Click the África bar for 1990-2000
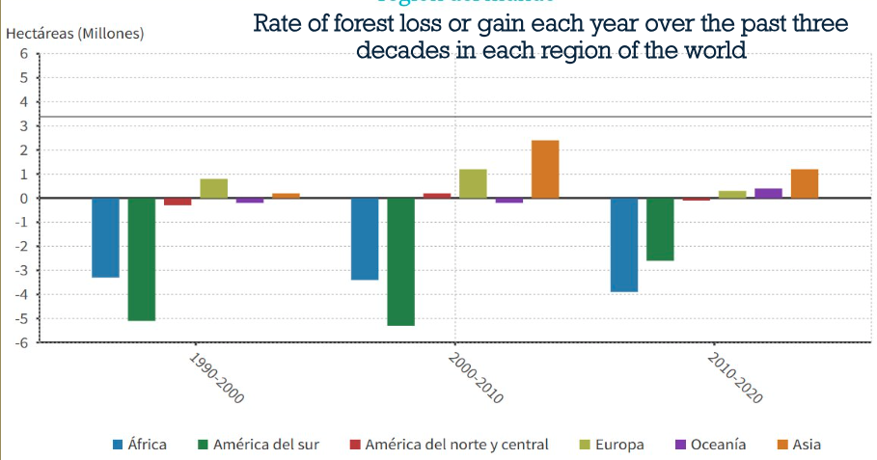[x=105, y=237]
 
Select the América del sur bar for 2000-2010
[x=400, y=261]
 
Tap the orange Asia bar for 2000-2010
[x=545, y=170]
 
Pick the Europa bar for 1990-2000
[x=214, y=189]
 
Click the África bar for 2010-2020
[x=624, y=245]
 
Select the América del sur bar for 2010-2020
[x=660, y=230]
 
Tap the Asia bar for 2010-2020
[x=805, y=184]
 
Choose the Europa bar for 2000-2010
[x=473, y=184]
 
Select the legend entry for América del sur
[x=259, y=445]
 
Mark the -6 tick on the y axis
[x=21, y=342]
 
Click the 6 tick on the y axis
[x=23, y=54]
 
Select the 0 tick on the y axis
[x=23, y=199]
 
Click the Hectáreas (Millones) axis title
[x=74, y=33]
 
